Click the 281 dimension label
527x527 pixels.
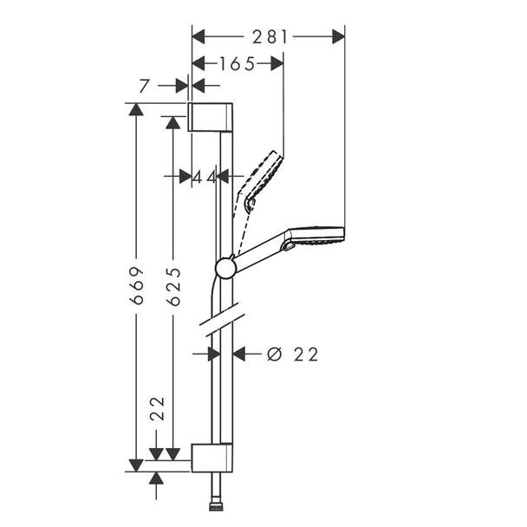coord(270,36)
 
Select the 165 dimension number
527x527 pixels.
coord(237,63)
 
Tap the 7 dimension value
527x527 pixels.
coord(144,86)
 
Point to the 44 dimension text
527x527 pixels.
coord(205,177)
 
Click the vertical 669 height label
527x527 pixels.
coord(137,286)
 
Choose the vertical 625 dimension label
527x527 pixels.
coord(174,287)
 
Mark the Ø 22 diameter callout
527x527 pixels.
coord(292,355)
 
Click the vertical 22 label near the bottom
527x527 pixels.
coord(157,409)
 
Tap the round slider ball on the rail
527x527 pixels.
coord(226,268)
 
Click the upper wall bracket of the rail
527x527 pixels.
coord(210,117)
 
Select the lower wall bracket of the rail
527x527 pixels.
coord(212,458)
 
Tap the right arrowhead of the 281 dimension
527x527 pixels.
coord(338,36)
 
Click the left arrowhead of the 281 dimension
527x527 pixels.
coord(198,36)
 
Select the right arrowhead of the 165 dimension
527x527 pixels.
coord(277,63)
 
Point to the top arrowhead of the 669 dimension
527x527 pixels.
coord(136,109)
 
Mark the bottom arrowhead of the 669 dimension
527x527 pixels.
coord(136,465)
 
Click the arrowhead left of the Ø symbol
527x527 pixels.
coord(239,354)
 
